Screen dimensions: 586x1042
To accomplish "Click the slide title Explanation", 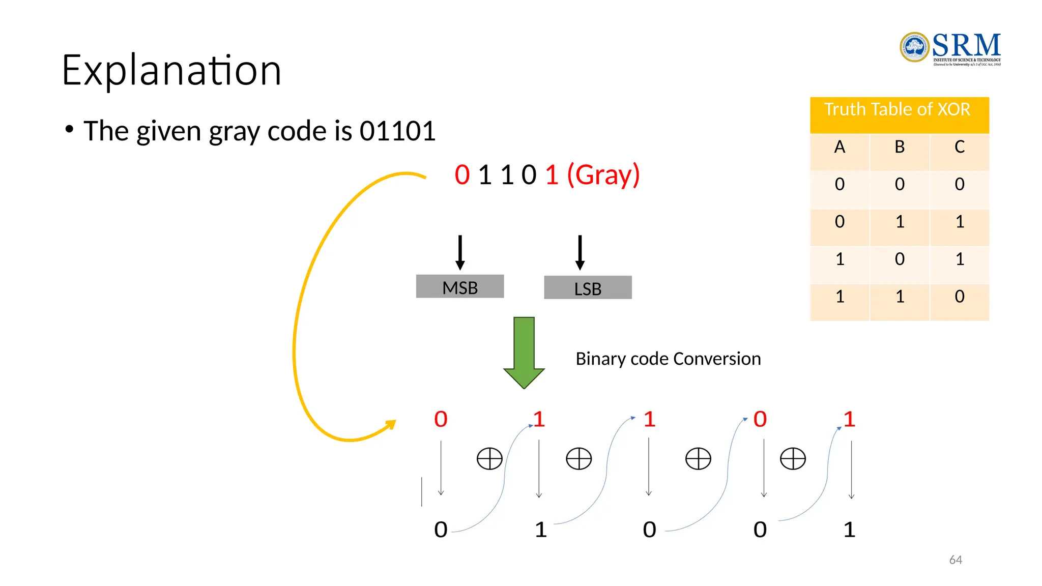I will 171,70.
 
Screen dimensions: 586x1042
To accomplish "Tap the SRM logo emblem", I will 914,47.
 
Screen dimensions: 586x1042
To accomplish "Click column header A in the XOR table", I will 840,147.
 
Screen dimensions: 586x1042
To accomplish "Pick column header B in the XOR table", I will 900,147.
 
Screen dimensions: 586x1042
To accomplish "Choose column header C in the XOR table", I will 960,147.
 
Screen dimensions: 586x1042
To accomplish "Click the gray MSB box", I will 460,287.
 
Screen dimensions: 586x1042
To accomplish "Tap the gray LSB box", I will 588,288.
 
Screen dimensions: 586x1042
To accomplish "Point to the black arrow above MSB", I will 460,252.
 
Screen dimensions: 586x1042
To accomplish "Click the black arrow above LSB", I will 580,252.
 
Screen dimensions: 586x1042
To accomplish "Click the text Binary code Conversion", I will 668,359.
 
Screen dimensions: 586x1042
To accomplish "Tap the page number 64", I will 956,560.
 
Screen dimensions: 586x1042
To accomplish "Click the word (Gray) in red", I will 603,175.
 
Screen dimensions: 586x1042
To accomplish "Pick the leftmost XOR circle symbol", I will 489,459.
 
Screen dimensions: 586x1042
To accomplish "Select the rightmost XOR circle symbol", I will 793,459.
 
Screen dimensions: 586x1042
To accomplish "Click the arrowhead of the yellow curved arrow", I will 391,424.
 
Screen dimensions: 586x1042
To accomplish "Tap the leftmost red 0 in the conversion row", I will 441,420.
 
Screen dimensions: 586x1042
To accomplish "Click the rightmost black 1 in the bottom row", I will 849,530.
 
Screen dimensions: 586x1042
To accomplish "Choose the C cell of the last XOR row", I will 960,297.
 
